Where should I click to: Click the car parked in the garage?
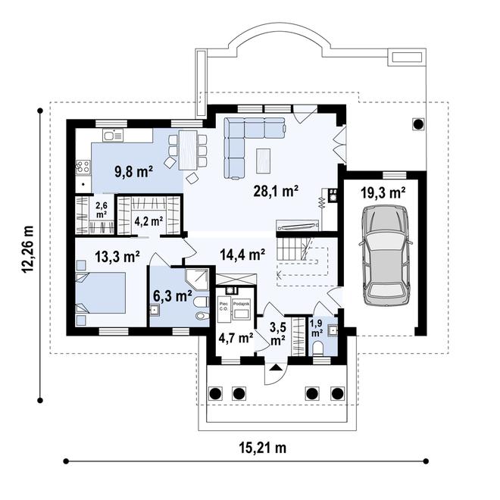388,255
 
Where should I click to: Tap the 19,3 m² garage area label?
383,193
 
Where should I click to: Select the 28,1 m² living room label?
274,192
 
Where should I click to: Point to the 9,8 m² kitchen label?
133,171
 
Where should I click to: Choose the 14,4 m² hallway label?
242,255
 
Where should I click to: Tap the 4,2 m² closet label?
148,222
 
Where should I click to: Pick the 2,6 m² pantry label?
101,210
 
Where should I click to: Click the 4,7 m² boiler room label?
236,338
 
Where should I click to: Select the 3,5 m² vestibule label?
278,333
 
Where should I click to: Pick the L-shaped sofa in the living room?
246,142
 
